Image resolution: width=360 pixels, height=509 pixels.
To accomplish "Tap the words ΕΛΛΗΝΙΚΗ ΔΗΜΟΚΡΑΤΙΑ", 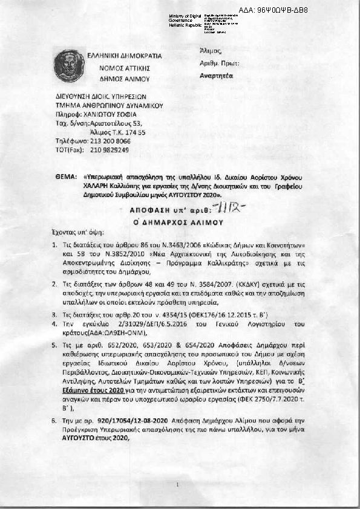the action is tap(124, 55).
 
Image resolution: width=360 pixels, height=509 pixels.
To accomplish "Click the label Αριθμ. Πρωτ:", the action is tap(219, 63).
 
